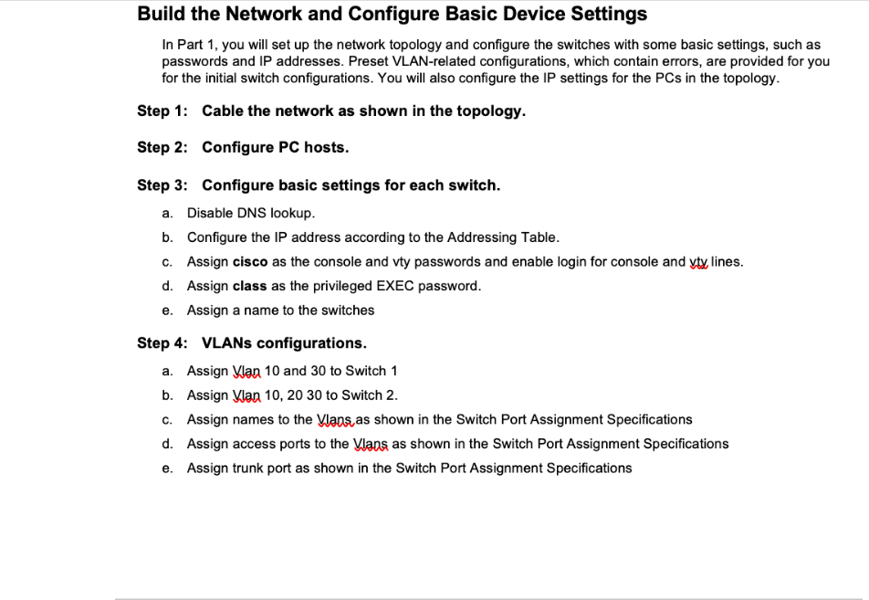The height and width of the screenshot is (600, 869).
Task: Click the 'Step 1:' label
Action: tap(162, 111)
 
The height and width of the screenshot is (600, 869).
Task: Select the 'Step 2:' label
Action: tap(162, 147)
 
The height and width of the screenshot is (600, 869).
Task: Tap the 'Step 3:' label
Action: tap(162, 185)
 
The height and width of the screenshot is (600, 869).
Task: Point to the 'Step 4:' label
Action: tap(162, 343)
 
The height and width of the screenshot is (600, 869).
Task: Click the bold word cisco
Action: tap(250, 262)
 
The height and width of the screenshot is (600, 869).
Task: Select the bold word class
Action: tap(250, 286)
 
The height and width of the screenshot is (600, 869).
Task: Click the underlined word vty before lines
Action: tap(698, 262)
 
